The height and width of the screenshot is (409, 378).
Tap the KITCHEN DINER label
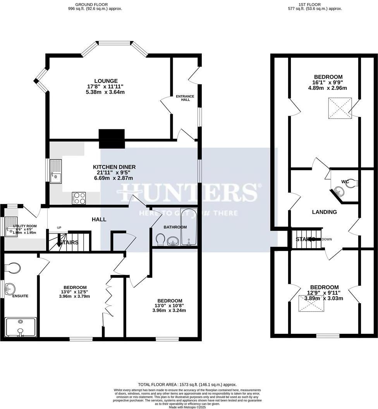coord(114,167)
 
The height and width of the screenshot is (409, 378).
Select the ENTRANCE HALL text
coord(185,98)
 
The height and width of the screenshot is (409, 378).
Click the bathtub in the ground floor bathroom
coord(189,227)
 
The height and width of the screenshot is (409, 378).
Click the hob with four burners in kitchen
coord(79,198)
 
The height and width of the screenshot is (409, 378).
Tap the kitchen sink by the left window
coord(55,171)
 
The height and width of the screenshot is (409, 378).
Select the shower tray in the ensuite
coord(21,327)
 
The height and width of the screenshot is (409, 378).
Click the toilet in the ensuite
coord(13,268)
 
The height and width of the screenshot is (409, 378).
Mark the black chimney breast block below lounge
coord(112,139)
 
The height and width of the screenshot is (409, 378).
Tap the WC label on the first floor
coord(345,182)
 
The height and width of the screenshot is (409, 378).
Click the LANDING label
coord(325,212)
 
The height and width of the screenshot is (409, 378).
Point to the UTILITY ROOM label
coord(25,226)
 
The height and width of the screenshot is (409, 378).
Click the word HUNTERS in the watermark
coord(188,192)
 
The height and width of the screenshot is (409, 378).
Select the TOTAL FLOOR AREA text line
coord(187,384)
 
